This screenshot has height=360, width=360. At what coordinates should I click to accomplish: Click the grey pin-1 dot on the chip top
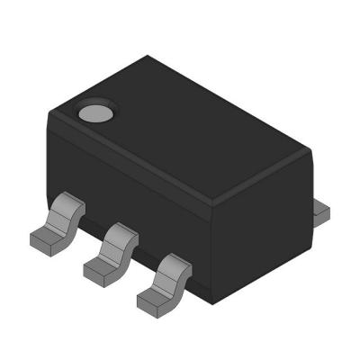pos(94,112)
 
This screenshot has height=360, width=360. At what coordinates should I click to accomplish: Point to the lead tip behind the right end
pos(322,211)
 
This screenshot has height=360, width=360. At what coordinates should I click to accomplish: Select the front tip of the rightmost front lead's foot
pos(141,299)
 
